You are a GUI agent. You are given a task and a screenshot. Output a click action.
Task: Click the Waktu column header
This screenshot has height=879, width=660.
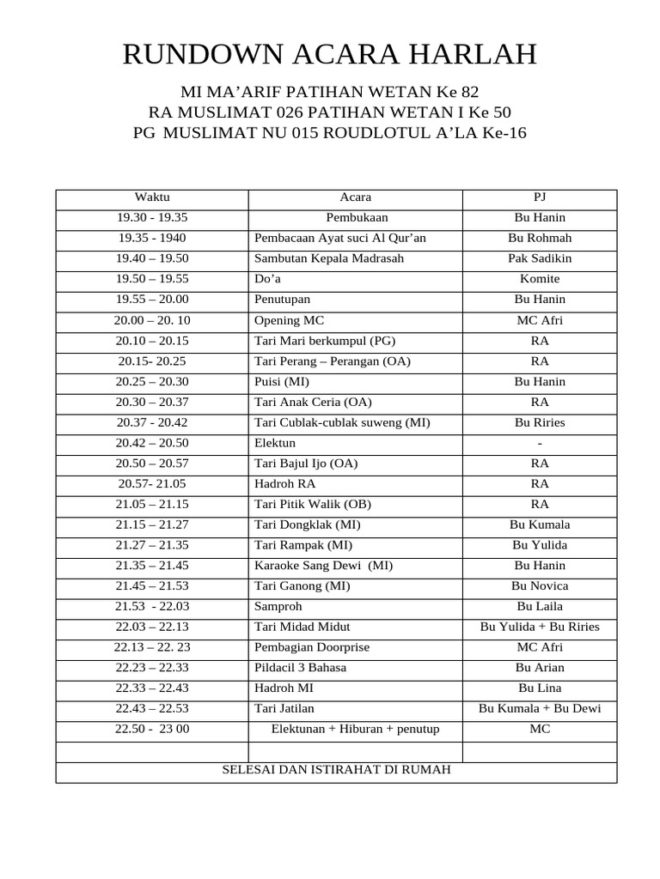pyautogui.click(x=152, y=197)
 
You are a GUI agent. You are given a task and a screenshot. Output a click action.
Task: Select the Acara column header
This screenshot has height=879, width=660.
pyautogui.click(x=356, y=197)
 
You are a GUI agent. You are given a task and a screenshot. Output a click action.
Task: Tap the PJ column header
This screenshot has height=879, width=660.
pyautogui.click(x=540, y=197)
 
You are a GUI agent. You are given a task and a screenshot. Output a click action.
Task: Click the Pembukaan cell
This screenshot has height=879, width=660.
pyautogui.click(x=356, y=218)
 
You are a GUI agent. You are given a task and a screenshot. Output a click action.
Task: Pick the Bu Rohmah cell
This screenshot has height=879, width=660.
pyautogui.click(x=540, y=238)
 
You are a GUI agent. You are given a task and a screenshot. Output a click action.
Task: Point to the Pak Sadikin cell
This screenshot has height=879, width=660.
pyautogui.click(x=540, y=258)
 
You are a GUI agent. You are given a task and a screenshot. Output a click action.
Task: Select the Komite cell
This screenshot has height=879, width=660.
pyautogui.click(x=540, y=279)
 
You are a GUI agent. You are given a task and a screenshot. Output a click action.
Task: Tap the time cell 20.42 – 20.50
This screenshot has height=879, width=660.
pyautogui.click(x=152, y=443)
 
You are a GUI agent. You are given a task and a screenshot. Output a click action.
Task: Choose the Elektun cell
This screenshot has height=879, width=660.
pyautogui.click(x=275, y=443)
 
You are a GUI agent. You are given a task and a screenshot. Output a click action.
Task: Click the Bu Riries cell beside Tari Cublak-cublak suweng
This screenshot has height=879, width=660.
pyautogui.click(x=540, y=422)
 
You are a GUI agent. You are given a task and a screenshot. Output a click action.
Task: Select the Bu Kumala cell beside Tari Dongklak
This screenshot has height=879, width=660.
pyautogui.click(x=540, y=524)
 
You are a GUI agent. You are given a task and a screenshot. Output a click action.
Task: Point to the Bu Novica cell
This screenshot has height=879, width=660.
pyautogui.click(x=540, y=586)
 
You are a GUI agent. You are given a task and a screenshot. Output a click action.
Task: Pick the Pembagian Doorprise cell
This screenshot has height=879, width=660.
pyautogui.click(x=312, y=647)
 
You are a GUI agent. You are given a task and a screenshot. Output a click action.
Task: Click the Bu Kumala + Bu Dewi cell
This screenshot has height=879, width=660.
pyautogui.click(x=540, y=709)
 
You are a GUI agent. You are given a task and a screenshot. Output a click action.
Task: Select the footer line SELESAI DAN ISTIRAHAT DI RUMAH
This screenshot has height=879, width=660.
pyautogui.click(x=336, y=770)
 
